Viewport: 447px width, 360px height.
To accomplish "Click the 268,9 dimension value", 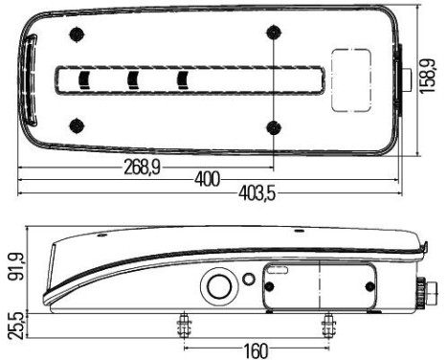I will pyautogui.click(x=141, y=166).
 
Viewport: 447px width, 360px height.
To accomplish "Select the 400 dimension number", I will pyautogui.click(x=207, y=179).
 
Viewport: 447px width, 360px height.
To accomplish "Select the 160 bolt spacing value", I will pyautogui.click(x=256, y=349).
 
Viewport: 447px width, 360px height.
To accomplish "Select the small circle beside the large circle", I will pyautogui.click(x=249, y=280).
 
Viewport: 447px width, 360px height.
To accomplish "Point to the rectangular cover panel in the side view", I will pyautogui.click(x=319, y=286).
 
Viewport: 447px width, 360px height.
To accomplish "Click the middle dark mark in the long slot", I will pyautogui.click(x=133, y=79).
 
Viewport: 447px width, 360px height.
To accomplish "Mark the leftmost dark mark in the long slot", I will pyautogui.click(x=83, y=79).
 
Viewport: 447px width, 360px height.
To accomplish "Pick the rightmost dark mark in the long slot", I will pyautogui.click(x=182, y=79).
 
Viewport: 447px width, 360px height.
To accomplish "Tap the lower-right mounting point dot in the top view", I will pyautogui.click(x=276, y=127).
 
